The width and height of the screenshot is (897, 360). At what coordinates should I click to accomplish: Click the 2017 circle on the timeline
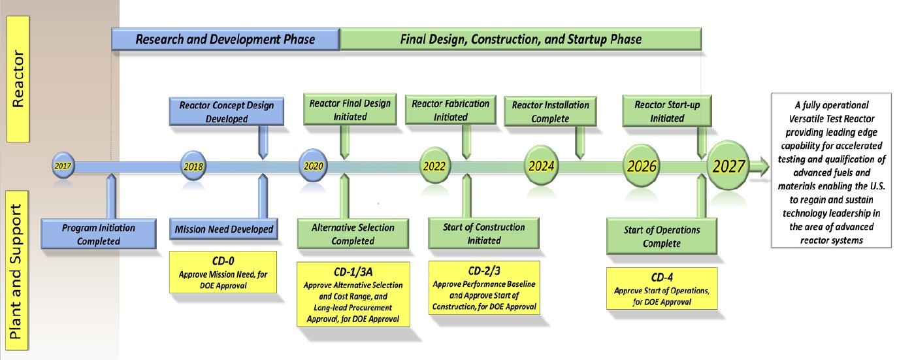(x=63, y=166)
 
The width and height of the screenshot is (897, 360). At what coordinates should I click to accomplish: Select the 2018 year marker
(x=193, y=166)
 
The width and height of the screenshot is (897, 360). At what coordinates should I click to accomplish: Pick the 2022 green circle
(x=434, y=166)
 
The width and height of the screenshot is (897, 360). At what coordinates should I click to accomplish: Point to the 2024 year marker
(x=542, y=166)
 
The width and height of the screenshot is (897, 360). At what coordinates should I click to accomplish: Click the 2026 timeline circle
(x=642, y=166)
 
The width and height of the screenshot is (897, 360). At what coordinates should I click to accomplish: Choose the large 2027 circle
(x=728, y=167)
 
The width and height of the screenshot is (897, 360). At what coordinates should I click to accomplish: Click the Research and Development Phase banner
(x=225, y=39)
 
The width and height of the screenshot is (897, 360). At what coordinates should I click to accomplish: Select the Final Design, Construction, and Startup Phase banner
(x=521, y=39)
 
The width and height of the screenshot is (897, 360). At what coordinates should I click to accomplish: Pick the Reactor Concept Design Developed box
(x=227, y=112)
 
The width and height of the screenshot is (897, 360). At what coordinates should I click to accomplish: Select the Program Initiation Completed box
(x=99, y=234)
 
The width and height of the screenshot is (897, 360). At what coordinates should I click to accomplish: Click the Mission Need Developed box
(x=224, y=229)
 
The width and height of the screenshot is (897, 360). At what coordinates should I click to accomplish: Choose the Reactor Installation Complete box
(x=550, y=111)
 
